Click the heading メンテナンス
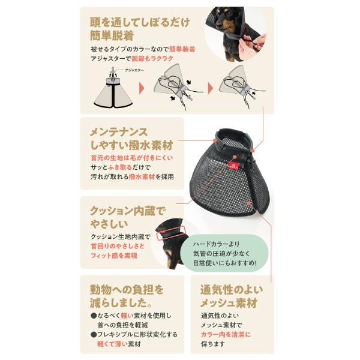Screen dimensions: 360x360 pos(118,131)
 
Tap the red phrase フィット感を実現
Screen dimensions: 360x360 pos(113,256)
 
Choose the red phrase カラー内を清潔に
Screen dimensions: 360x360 pos(225,334)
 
